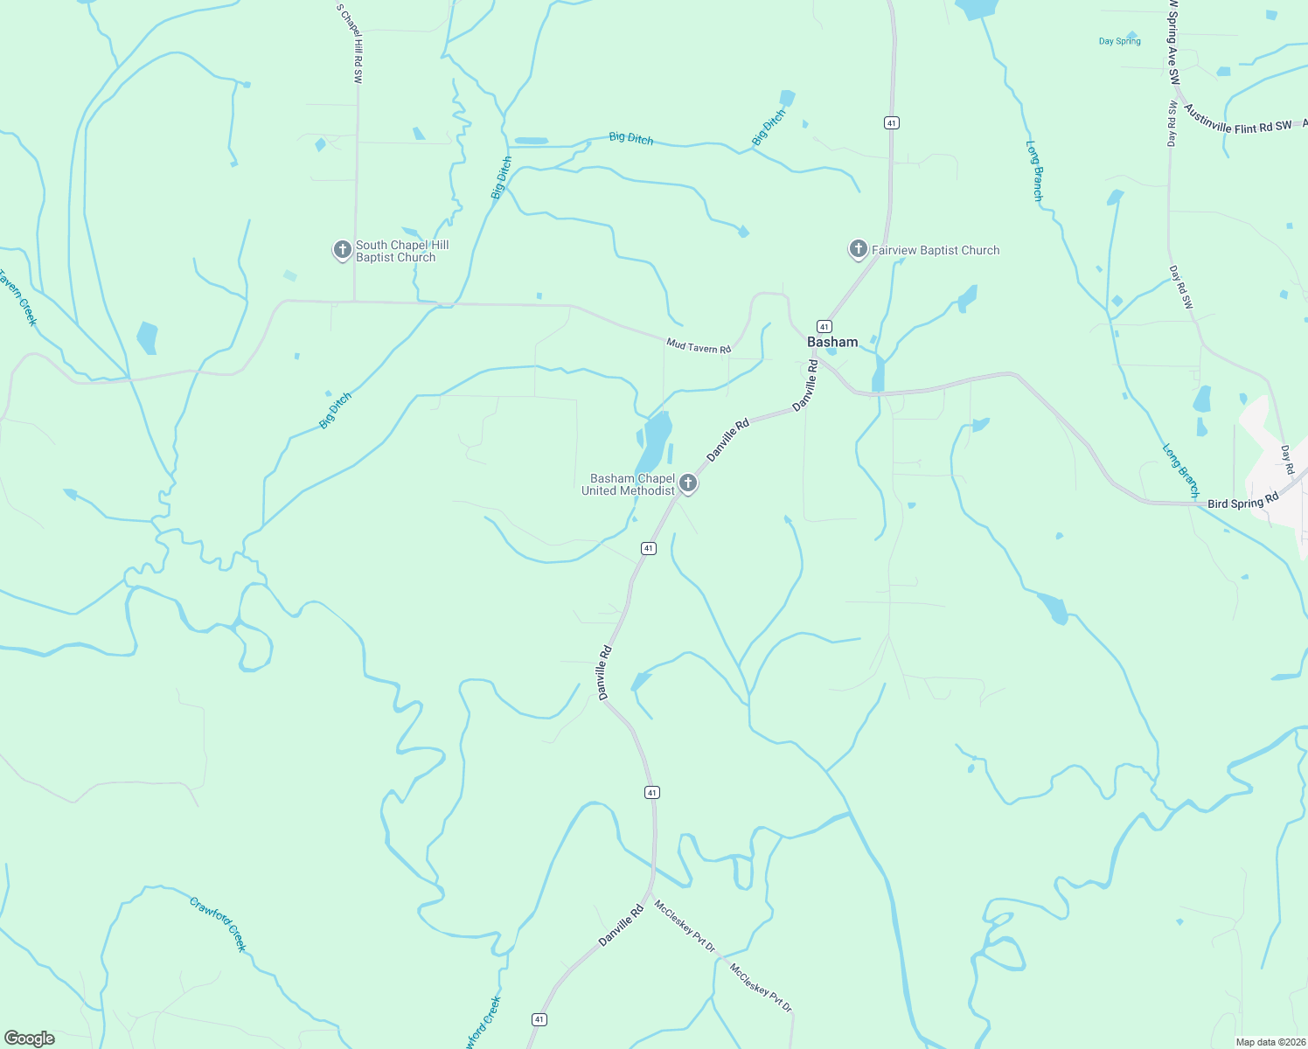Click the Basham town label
[832, 342]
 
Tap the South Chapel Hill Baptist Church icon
[342, 250]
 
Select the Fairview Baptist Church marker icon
[858, 249]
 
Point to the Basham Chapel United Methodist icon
[688, 483]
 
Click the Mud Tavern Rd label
[698, 346]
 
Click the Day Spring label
[1119, 41]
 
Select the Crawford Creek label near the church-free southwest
[218, 924]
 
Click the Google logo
[30, 1039]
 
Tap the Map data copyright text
[1270, 1042]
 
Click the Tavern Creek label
[18, 298]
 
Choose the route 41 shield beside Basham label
[824, 326]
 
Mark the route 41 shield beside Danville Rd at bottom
[539, 1019]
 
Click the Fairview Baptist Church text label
[936, 250]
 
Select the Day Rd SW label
[1181, 288]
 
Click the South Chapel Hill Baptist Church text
[395, 252]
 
